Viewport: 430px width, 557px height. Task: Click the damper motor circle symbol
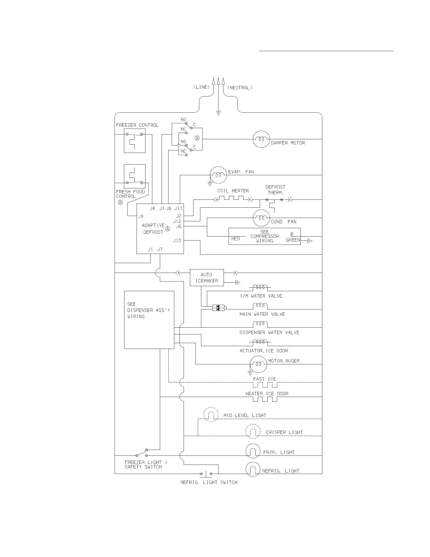tap(261, 139)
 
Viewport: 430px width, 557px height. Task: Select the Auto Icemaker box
tap(207, 277)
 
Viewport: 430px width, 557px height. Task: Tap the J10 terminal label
tap(177, 241)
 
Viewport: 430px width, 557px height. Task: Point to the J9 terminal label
tap(141, 216)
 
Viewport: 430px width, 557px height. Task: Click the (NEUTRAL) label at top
tap(240, 88)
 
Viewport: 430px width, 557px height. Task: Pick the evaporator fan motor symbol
tap(218, 175)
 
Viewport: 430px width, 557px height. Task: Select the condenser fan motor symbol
tap(261, 218)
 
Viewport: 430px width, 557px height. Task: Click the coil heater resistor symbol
tap(233, 199)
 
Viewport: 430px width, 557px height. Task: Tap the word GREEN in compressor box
tap(293, 240)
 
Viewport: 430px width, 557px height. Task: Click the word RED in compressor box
tap(235, 239)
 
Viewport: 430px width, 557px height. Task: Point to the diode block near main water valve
tap(218, 308)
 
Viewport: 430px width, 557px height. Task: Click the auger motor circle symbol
tap(258, 364)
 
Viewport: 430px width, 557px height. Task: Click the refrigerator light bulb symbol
tap(253, 469)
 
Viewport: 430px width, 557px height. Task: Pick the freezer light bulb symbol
tap(253, 451)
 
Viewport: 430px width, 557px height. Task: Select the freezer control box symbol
tap(135, 141)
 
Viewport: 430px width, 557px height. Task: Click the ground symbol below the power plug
tap(218, 113)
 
